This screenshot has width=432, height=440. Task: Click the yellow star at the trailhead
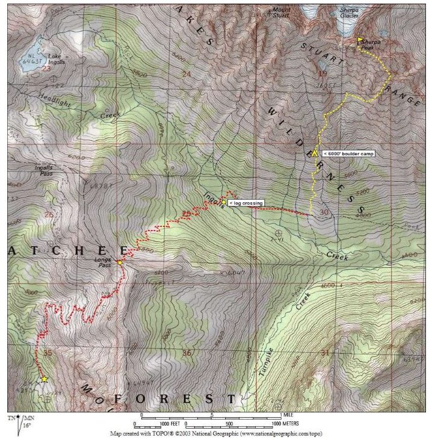(x=44, y=379)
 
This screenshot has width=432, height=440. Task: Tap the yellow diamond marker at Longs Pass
(x=120, y=262)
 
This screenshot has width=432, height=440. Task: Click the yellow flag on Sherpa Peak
(x=360, y=41)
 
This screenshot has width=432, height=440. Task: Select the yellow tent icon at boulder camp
(x=314, y=153)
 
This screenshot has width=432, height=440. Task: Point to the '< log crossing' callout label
(x=245, y=203)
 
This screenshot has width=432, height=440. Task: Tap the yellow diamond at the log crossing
(x=224, y=202)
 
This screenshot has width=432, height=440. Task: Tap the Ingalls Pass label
(x=42, y=171)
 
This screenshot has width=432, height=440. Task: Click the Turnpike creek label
(x=267, y=361)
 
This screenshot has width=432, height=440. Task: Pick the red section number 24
(x=185, y=75)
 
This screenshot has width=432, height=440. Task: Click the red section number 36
(x=188, y=353)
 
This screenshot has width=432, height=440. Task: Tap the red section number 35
(x=48, y=353)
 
